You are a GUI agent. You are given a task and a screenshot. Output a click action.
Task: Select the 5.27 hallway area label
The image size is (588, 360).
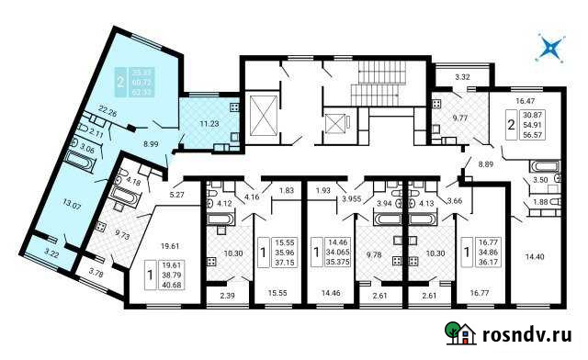pyautogui.click(x=176, y=193)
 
